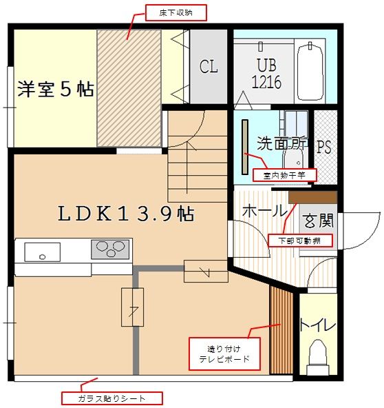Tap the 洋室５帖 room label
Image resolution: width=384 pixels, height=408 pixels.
(56, 90)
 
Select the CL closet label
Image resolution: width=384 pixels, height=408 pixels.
(209, 68)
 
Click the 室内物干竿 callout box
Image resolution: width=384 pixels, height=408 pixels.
(284, 175)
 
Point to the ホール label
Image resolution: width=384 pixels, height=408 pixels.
(264, 210)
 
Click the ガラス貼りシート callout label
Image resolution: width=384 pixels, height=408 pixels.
(111, 398)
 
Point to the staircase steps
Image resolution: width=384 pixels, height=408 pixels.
(196, 165)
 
